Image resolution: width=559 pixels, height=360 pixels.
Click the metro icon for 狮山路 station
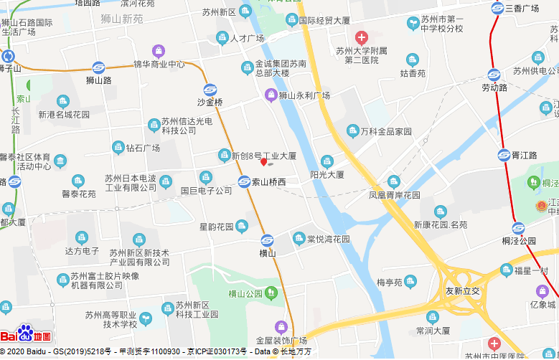click(99, 67)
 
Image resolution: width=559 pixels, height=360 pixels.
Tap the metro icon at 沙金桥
click(210, 90)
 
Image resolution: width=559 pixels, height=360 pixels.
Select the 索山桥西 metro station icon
click(245, 182)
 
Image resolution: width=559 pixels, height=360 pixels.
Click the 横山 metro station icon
click(267, 240)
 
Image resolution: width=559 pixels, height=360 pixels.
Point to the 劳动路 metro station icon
click(494, 75)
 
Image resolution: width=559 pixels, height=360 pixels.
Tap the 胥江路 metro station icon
click(504, 155)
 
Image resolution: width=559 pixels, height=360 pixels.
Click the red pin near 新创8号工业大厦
click(263, 163)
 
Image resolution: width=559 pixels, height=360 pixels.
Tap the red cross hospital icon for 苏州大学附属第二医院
click(361, 37)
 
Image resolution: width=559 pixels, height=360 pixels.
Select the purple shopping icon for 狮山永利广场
click(271, 95)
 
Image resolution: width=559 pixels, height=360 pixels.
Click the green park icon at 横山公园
click(271, 293)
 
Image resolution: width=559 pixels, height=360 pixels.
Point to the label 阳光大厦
click(327, 174)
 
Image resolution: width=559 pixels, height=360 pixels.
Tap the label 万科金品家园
click(386, 131)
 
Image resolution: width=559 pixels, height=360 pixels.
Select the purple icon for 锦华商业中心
click(159, 51)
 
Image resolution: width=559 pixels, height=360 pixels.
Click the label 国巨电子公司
click(207, 191)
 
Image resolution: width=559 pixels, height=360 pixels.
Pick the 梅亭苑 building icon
click(410, 282)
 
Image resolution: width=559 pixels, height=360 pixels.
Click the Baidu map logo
click(26, 334)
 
